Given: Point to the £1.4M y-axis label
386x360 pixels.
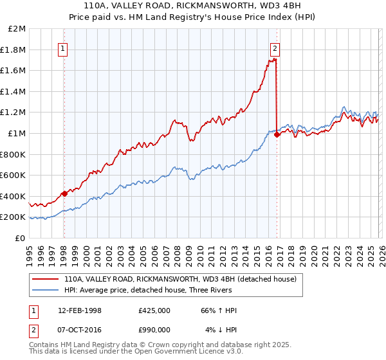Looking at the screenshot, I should [x=14, y=92].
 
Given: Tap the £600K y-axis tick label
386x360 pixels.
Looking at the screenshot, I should [x=14, y=175].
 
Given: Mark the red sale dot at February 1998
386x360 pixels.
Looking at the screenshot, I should [x=64, y=194].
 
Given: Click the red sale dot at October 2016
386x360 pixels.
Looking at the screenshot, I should [x=277, y=134].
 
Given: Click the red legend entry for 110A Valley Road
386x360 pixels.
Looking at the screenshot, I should [x=179, y=279].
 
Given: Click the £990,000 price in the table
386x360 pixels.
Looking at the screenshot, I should [x=154, y=329].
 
